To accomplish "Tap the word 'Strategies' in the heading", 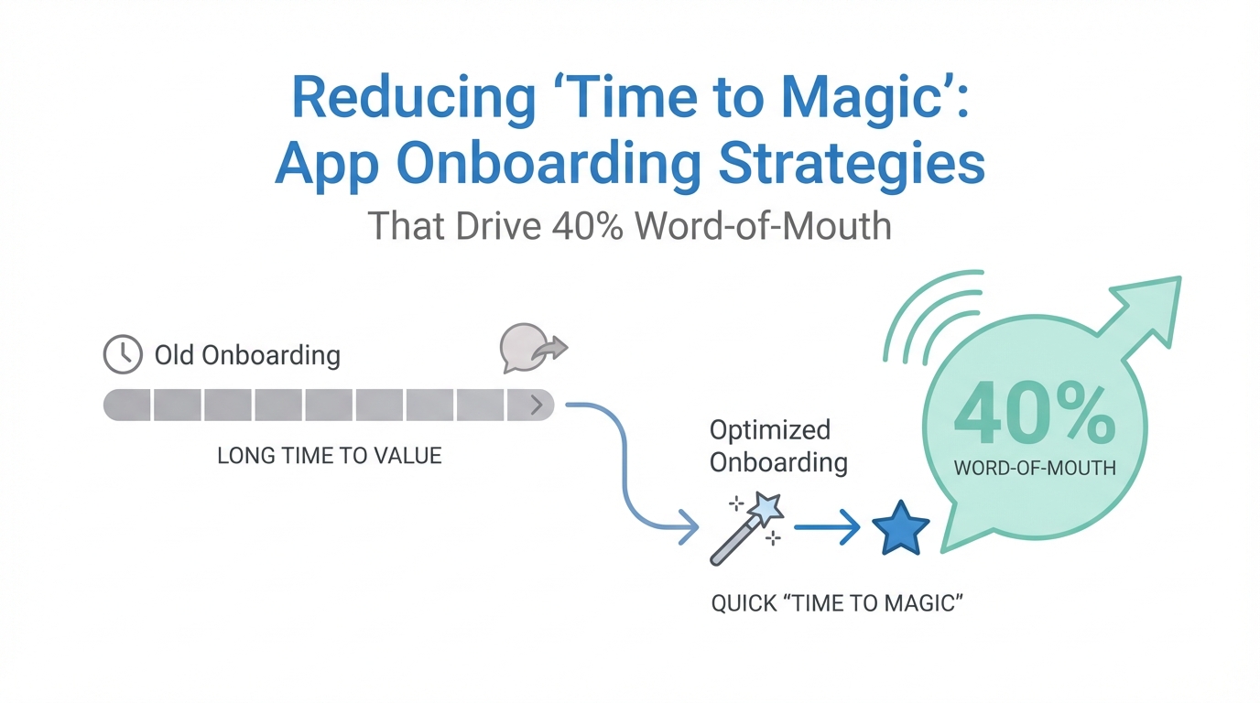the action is (852, 164).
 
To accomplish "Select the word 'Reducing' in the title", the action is (414, 98).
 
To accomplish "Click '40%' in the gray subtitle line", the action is (588, 225).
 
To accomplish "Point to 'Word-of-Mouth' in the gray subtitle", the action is (763, 225).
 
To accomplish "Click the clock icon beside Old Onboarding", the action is (123, 354).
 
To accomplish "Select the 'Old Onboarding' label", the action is (247, 355).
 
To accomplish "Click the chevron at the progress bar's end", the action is (537, 405).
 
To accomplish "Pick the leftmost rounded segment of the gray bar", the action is (127, 405).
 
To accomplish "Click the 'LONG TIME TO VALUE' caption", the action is (330, 456).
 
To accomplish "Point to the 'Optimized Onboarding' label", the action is (778, 446).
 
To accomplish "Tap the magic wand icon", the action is (747, 528).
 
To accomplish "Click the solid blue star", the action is (900, 529).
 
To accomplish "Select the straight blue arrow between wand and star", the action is (827, 527).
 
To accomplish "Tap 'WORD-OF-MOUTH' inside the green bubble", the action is (1035, 468).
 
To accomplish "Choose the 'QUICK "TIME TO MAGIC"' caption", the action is (837, 603).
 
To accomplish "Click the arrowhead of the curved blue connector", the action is (690, 527).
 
